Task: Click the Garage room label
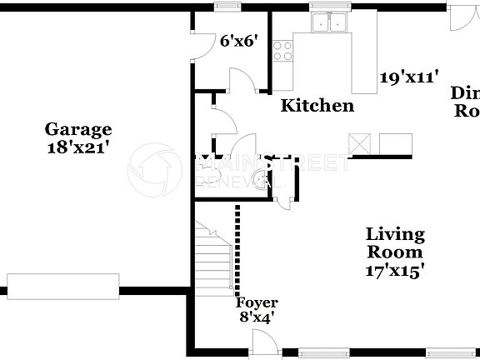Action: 77,129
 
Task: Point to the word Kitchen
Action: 317,106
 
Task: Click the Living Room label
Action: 395,243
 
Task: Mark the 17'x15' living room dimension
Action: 395,270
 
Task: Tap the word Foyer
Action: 257,302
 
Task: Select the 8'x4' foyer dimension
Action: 257,317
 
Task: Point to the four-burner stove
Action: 284,51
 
